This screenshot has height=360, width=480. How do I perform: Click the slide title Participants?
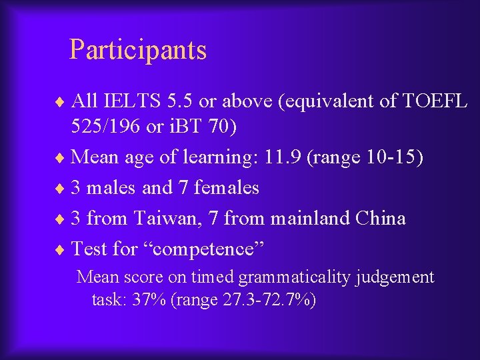point(138,50)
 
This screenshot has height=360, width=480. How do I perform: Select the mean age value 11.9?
point(283,157)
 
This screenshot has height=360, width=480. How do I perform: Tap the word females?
point(226,188)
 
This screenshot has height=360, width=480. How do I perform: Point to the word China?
point(380,219)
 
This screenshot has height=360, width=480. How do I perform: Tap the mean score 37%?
point(149,300)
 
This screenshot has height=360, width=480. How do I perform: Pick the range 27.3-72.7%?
point(271,300)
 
